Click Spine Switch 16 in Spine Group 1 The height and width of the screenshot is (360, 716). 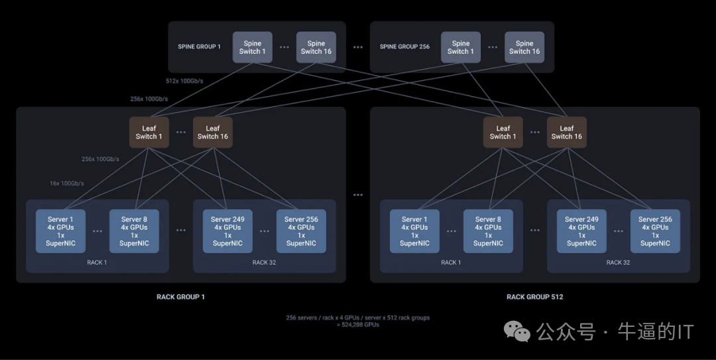pyautogui.click(x=316, y=47)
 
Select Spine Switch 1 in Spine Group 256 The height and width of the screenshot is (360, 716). pyautogui.click(x=461, y=47)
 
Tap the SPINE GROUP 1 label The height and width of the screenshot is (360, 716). pyautogui.click(x=199, y=47)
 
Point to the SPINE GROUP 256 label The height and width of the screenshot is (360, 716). pyautogui.click(x=404, y=47)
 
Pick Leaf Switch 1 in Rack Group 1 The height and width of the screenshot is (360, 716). pyautogui.click(x=149, y=133)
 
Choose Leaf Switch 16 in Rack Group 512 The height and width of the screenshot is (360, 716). pyautogui.click(x=567, y=133)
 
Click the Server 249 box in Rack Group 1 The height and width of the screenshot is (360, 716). pyautogui.click(x=227, y=231)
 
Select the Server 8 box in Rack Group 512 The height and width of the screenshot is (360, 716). pyautogui.click(x=488, y=231)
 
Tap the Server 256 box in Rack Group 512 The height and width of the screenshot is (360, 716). pyautogui.click(x=655, y=231)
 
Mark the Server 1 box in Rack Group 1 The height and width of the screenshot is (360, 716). pyautogui.click(x=61, y=231)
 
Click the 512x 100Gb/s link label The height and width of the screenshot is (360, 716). pyautogui.click(x=184, y=82)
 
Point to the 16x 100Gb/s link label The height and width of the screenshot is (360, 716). pyautogui.click(x=67, y=183)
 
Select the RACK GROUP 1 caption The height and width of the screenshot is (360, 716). pyautogui.click(x=180, y=297)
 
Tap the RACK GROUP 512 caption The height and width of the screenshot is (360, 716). pyautogui.click(x=534, y=297)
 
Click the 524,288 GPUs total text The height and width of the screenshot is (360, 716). pyautogui.click(x=358, y=325)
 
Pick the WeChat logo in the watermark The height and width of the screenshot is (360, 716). pyautogui.click(x=517, y=330)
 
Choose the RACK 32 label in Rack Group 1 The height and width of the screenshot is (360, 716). pyautogui.click(x=264, y=263)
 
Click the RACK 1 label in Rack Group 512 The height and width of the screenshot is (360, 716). pyautogui.click(x=451, y=263)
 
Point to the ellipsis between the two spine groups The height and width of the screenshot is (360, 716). pyautogui.click(x=358, y=47)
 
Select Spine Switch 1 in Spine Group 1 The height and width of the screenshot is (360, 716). pyautogui.click(x=253, y=47)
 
